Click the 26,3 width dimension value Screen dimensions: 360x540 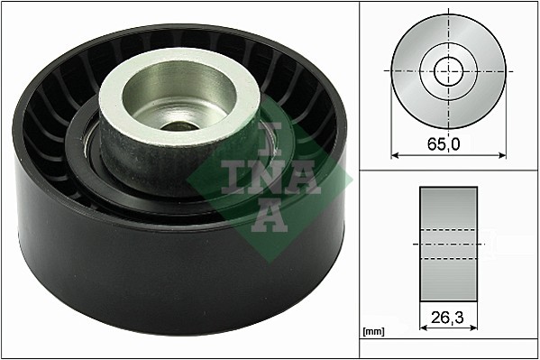[448, 317]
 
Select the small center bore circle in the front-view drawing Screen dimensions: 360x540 [447, 70]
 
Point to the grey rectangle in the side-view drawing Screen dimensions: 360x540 [448, 245]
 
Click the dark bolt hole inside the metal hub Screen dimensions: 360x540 [180, 126]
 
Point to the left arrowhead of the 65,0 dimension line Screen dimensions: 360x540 [394, 155]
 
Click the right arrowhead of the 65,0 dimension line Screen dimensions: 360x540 [502, 155]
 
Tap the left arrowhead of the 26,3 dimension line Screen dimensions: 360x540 [424, 328]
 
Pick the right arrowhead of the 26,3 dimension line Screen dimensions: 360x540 [473, 328]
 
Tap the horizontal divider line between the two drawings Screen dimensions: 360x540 [448, 171]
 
